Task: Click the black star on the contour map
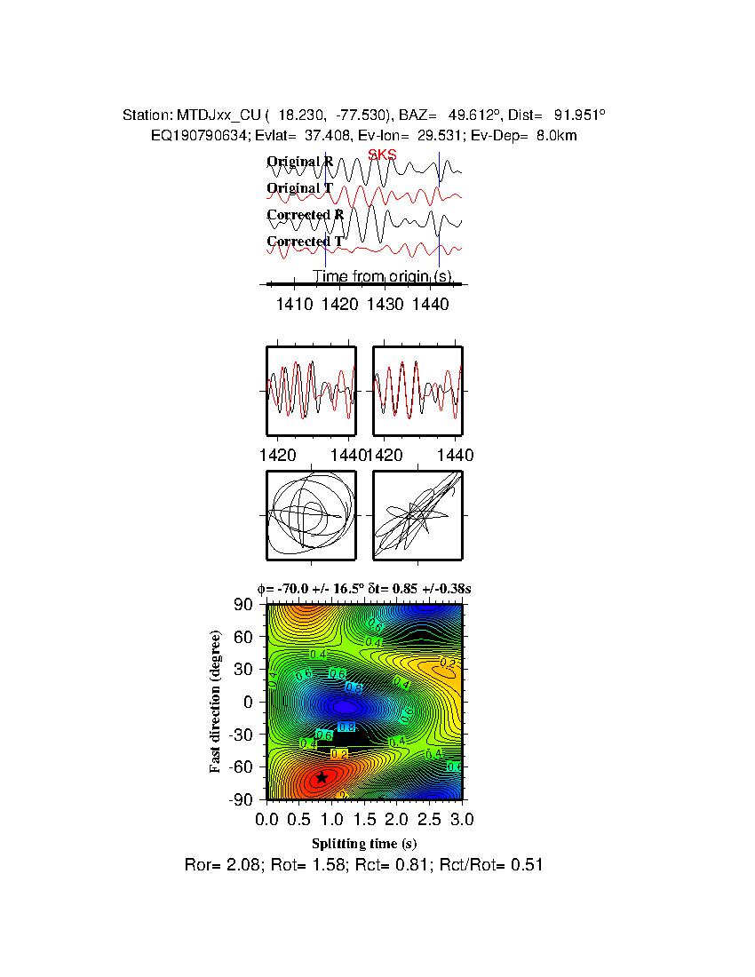(x=322, y=777)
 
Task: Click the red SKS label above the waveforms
(x=382, y=155)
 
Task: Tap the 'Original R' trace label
(x=300, y=162)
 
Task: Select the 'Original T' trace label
(x=300, y=188)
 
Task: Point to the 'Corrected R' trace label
(x=305, y=215)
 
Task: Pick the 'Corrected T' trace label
(x=305, y=242)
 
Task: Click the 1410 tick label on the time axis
(x=294, y=304)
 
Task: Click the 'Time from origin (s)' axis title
(x=383, y=276)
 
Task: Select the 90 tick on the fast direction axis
(x=244, y=605)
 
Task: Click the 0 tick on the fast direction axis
(x=250, y=702)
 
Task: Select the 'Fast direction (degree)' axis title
(x=216, y=702)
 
